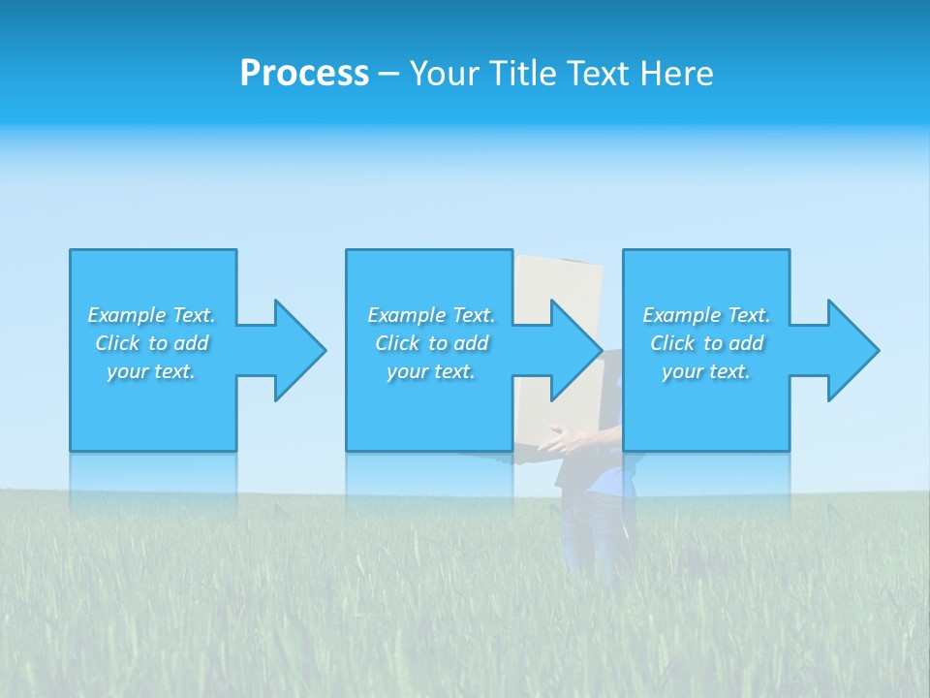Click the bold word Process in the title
pos(304,74)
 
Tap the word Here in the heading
pos(677,74)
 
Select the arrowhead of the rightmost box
pos(852,350)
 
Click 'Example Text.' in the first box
pos(151,315)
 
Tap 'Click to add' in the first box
pos(151,343)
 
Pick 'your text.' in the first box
pos(151,371)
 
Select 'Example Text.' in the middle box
pos(431,315)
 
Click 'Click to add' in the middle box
pos(431,343)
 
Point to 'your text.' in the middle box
pos(431,371)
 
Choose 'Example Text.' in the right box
pos(706,315)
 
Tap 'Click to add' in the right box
pos(706,343)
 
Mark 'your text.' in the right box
pos(706,371)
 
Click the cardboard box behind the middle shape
pos(559,276)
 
